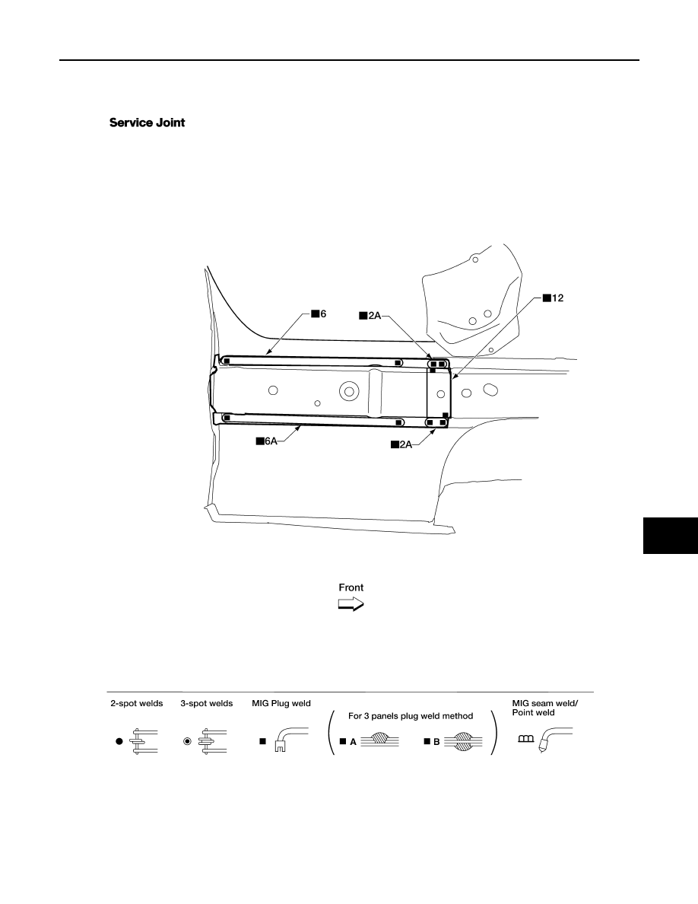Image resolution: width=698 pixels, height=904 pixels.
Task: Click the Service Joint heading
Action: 147,123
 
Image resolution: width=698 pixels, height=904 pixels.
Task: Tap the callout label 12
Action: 553,298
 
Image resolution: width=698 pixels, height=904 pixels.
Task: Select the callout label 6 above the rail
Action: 319,314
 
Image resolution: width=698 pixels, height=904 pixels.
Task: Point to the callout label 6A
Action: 267,441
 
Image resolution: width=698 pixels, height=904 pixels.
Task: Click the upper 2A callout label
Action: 370,315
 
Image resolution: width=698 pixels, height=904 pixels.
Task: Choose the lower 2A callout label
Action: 401,444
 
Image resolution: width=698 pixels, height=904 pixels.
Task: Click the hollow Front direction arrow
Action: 351,604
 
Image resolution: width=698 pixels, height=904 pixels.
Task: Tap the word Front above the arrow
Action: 351,587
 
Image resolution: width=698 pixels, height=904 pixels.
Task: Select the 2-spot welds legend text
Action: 137,703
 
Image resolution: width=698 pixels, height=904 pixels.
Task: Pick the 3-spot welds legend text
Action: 207,703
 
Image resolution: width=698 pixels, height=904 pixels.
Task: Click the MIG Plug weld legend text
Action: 281,703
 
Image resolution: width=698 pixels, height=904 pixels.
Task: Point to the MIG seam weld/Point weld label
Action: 545,708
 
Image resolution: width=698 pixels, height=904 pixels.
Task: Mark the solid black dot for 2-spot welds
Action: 119,741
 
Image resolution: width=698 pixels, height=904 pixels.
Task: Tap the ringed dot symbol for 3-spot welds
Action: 187,741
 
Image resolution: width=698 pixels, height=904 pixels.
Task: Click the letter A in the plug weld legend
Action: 353,742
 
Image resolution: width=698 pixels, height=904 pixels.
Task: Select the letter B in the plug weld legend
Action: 436,742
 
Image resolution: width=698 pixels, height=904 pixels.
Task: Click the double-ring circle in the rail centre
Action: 348,391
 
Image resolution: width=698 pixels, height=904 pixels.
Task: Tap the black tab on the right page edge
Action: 671,536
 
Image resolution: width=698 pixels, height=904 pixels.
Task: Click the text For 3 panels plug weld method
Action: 411,716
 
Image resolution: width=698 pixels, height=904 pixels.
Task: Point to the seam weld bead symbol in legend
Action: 526,739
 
